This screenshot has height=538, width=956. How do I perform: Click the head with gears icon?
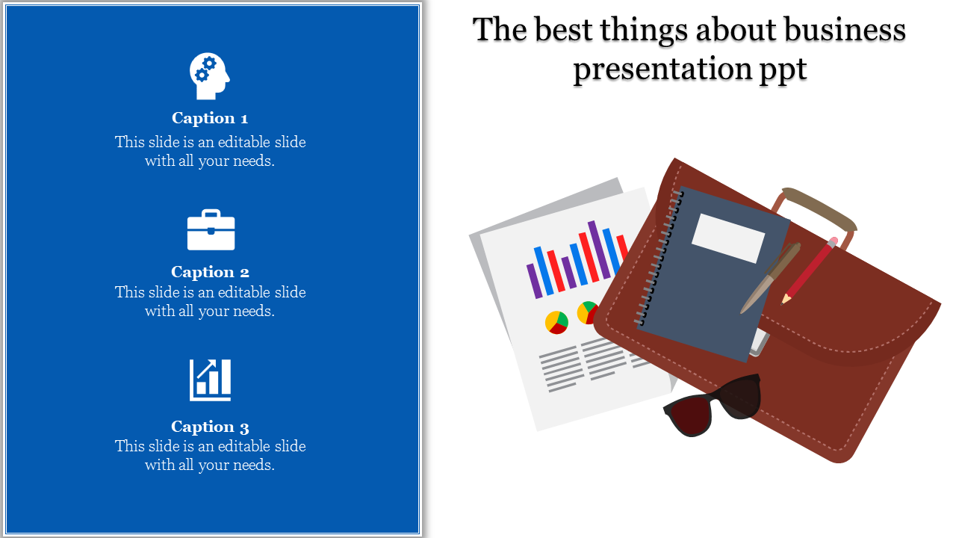(x=210, y=76)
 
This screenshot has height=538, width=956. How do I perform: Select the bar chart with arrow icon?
(x=210, y=380)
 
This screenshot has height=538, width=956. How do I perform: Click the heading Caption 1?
(x=210, y=118)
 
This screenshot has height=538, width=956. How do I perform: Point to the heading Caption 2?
(x=210, y=272)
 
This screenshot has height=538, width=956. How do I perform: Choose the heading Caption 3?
(x=210, y=427)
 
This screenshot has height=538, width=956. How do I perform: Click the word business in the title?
(x=845, y=30)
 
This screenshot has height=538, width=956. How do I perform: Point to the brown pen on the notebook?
(x=770, y=278)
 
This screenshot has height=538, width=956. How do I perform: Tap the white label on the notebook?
(x=728, y=238)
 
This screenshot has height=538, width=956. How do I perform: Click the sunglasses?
(x=713, y=405)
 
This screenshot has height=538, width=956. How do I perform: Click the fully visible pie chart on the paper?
(x=556, y=322)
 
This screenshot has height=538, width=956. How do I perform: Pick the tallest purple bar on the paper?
(x=599, y=250)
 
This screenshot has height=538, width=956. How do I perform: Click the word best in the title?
(x=564, y=30)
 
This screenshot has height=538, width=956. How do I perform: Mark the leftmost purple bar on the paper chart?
(x=534, y=280)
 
